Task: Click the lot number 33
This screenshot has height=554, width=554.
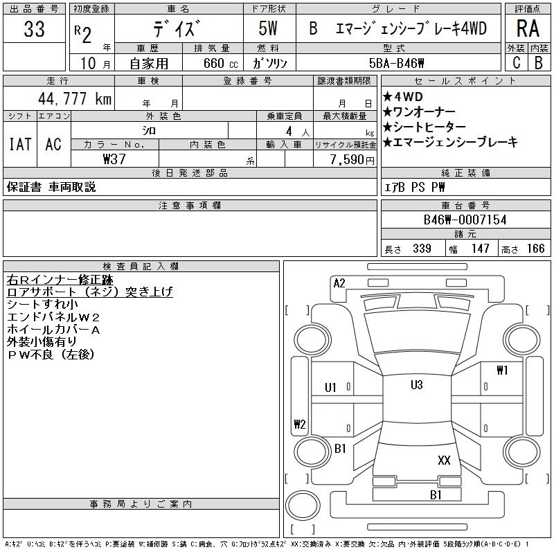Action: [34, 29]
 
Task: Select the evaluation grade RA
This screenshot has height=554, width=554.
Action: [528, 29]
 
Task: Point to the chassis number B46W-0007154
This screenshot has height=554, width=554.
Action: [465, 220]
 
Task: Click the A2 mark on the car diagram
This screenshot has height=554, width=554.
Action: [339, 283]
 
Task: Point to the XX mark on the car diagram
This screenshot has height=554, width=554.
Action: [444, 459]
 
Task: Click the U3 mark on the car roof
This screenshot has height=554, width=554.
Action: [416, 385]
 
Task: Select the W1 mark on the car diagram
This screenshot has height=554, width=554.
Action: [502, 370]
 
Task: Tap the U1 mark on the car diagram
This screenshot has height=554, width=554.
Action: [331, 387]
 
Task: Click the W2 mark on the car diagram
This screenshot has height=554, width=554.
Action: [300, 424]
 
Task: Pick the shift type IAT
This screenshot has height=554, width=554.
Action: [20, 144]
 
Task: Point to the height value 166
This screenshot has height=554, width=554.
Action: [535, 249]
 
